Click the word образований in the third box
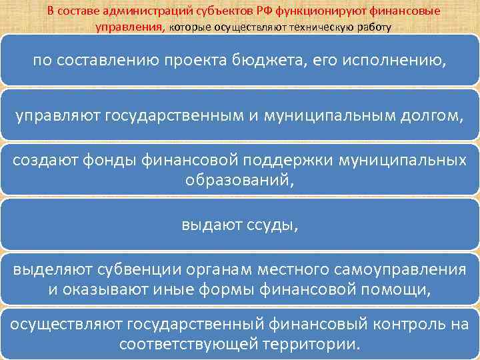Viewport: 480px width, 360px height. point(240,181)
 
